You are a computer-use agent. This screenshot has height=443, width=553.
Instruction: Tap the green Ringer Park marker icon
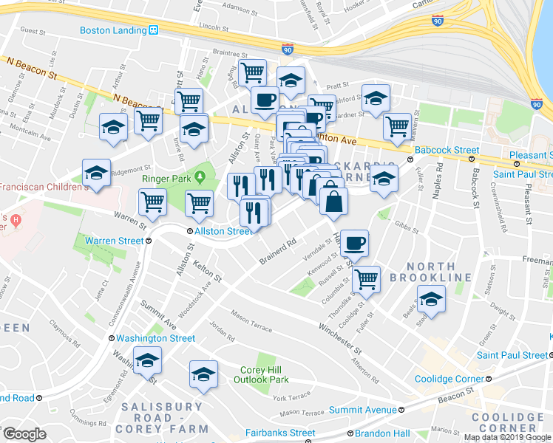(200, 178)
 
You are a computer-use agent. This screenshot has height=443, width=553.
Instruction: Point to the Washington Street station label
(155, 338)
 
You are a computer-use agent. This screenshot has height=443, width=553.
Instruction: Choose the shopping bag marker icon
(334, 201)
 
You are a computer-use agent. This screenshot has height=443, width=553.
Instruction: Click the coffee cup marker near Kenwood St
(355, 243)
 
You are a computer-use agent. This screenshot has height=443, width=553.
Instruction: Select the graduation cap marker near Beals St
(431, 299)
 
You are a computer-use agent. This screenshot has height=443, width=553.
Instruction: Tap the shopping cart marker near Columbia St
(366, 280)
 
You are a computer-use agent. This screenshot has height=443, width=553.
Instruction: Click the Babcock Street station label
(447, 150)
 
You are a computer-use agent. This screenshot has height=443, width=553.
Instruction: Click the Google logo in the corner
(24, 434)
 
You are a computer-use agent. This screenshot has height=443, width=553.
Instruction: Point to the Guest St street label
(34, 32)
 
